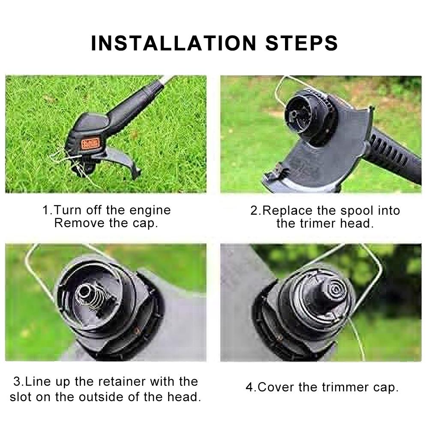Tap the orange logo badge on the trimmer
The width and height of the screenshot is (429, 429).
coord(90,144)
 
